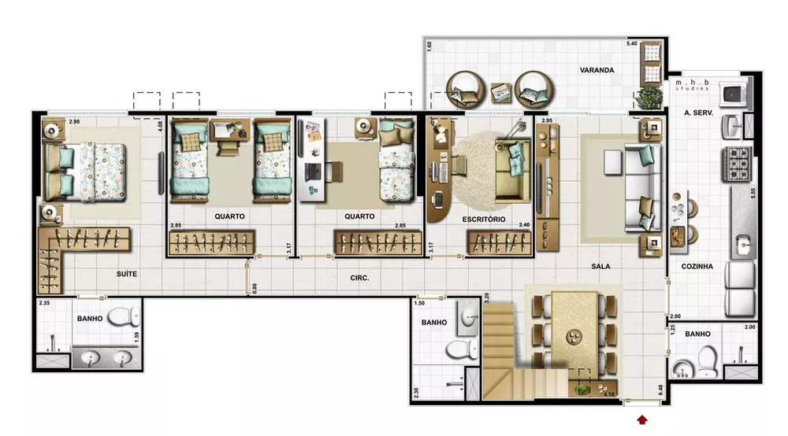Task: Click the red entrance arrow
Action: pos(643,419)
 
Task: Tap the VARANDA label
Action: pos(597,70)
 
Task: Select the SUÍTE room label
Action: pos(126,274)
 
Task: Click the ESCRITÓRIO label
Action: pos(484,219)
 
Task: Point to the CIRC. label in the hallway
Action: pos(360,278)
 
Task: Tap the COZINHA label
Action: pos(697,267)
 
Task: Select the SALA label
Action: pos(601,267)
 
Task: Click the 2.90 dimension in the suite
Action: pos(74,122)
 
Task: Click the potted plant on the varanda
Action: pos(649,98)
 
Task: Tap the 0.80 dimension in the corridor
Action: pos(255,288)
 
